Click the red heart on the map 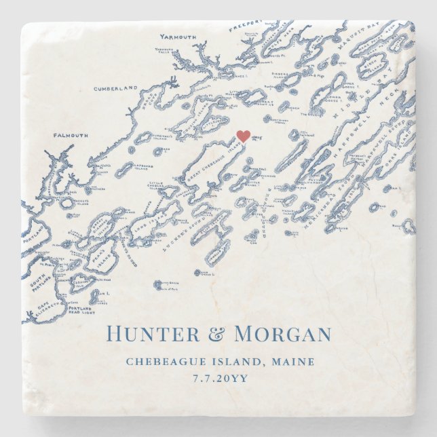pyautogui.click(x=243, y=136)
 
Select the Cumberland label pyautogui.click(x=115, y=88)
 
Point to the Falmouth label pyautogui.click(x=71, y=135)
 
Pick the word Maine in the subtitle pyautogui.click(x=303, y=361)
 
